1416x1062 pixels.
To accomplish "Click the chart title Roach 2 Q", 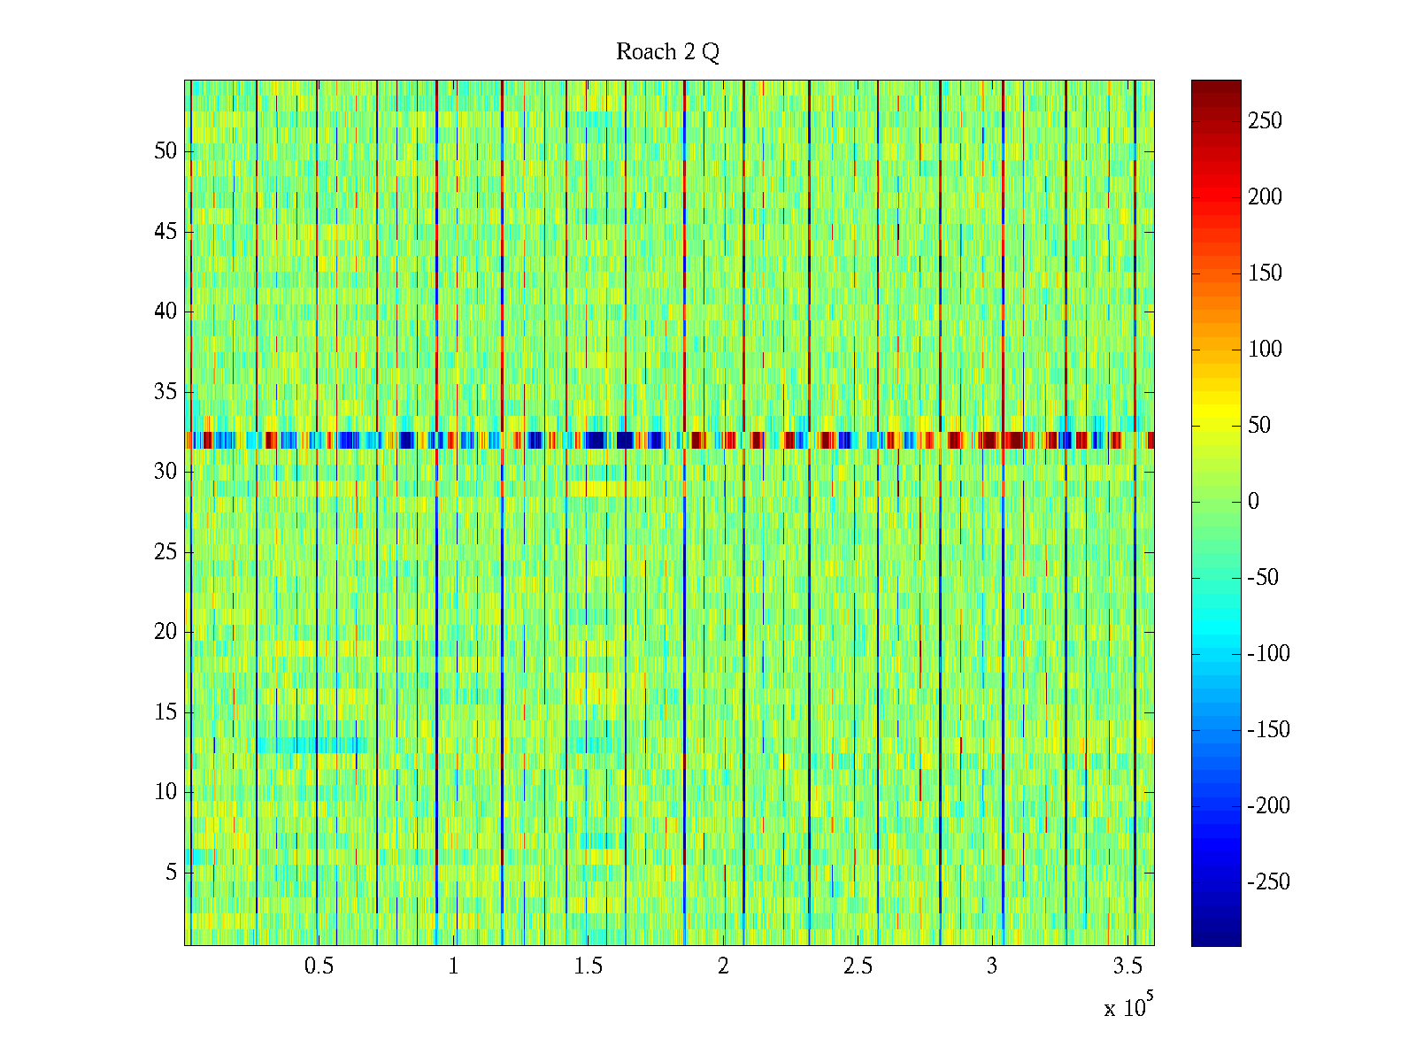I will [x=667, y=52].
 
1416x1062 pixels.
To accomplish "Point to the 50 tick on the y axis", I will [x=165, y=150].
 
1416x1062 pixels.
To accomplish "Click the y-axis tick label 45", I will [x=165, y=231].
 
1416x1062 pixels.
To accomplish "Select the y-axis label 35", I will [x=165, y=391].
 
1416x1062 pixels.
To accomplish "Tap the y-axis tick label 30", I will [x=165, y=472].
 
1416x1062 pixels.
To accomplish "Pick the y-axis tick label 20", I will [x=165, y=632].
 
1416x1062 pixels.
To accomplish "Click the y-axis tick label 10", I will [x=165, y=792].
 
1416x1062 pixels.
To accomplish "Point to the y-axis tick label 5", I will [x=171, y=873].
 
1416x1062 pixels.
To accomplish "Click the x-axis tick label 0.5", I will [x=319, y=966].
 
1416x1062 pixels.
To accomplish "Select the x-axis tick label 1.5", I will [x=588, y=966].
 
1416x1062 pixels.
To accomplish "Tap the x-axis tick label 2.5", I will [x=858, y=966].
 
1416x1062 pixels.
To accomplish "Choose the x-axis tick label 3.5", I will [x=1127, y=966].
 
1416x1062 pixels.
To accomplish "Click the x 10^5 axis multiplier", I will [x=1128, y=1006].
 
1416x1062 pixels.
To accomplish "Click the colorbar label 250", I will [x=1265, y=121].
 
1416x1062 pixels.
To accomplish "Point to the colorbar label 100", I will [x=1265, y=350].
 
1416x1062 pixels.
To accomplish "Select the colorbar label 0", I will [x=1253, y=502].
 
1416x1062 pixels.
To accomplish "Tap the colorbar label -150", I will [x=1268, y=730].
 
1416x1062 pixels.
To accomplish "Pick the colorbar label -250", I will [x=1268, y=882].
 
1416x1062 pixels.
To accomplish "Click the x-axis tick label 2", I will [x=723, y=966].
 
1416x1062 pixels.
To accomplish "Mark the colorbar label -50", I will [x=1263, y=578].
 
